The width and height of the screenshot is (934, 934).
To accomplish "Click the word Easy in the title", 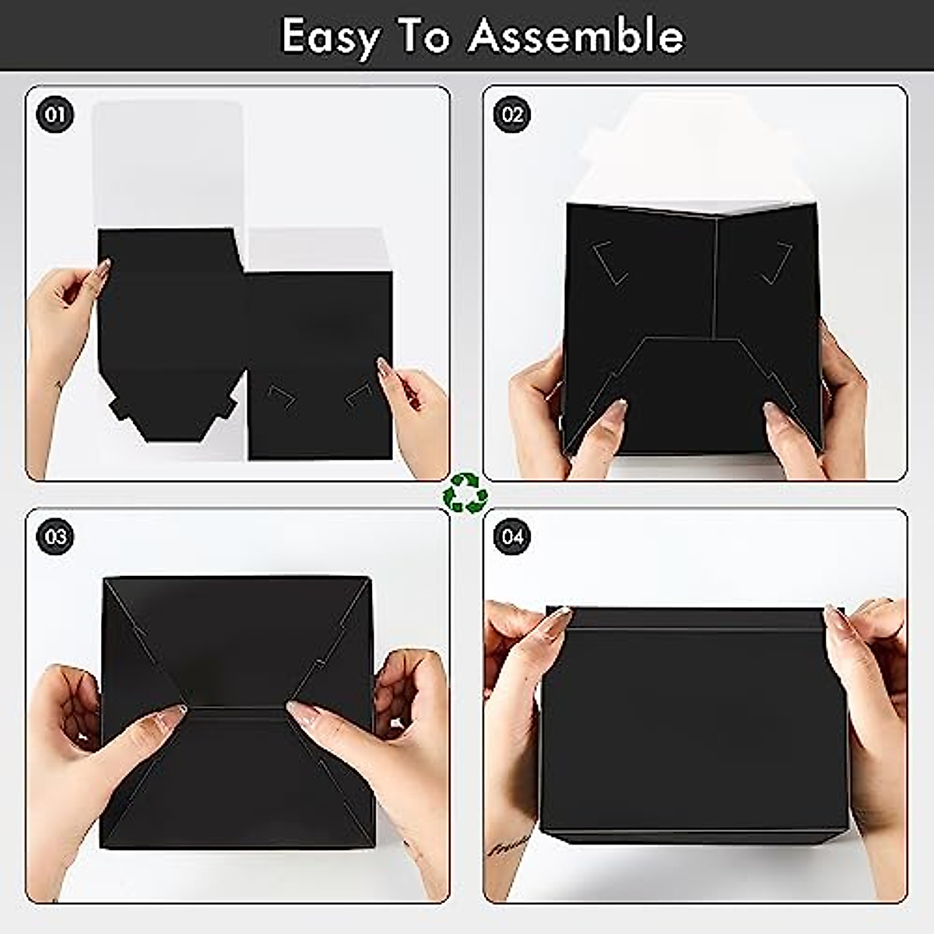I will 332,36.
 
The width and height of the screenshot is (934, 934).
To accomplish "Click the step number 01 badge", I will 54,115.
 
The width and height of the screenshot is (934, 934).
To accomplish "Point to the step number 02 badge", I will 512,115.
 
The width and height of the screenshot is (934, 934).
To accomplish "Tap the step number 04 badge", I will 512,537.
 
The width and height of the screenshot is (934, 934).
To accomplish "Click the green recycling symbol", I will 465,493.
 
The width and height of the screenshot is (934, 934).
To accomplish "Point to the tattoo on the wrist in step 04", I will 509,844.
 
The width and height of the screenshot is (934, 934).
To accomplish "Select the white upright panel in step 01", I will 167,163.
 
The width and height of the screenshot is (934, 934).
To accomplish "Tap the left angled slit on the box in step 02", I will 610,262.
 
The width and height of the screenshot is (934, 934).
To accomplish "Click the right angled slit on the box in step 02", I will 777,262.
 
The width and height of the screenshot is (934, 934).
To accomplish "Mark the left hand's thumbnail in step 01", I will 102,269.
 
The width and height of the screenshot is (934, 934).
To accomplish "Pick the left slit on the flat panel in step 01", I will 280,396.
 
